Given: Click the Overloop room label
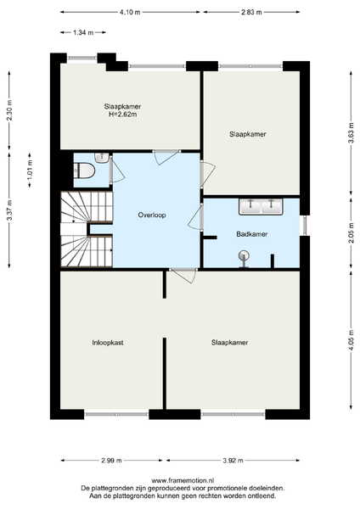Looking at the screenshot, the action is [x=152, y=215].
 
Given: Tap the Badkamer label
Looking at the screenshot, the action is [x=252, y=234].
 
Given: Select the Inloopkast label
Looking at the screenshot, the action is [x=108, y=343].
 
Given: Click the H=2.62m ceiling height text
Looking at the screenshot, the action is [x=122, y=115].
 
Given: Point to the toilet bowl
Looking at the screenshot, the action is [x=84, y=171].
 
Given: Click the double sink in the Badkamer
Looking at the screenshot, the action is [x=261, y=206].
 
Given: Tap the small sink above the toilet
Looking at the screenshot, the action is [x=101, y=158].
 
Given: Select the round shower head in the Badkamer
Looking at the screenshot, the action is [x=244, y=256].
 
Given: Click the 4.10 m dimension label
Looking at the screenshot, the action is [x=130, y=13].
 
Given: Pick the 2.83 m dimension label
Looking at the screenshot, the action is [x=251, y=13].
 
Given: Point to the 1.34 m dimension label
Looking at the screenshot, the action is [x=83, y=32].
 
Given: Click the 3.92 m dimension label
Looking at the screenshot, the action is [x=233, y=461].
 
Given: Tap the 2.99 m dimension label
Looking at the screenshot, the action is [x=111, y=461].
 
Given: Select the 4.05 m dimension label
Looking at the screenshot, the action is [x=351, y=340].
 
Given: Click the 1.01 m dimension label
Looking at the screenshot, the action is [x=30, y=171].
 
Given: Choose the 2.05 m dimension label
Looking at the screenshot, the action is [x=351, y=232].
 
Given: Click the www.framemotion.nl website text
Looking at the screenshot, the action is [x=183, y=480].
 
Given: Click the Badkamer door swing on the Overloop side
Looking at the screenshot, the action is [x=195, y=218].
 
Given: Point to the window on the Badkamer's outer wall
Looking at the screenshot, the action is [x=305, y=226].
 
